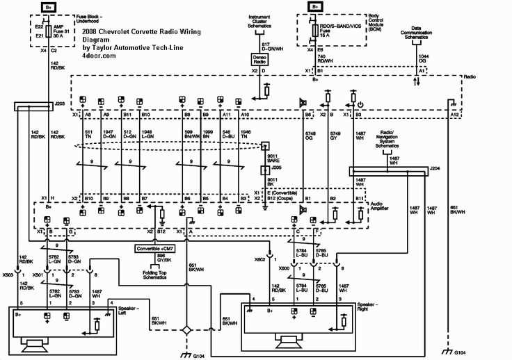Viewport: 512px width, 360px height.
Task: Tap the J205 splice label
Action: coord(276,167)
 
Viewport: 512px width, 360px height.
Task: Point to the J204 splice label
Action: coord(435,168)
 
